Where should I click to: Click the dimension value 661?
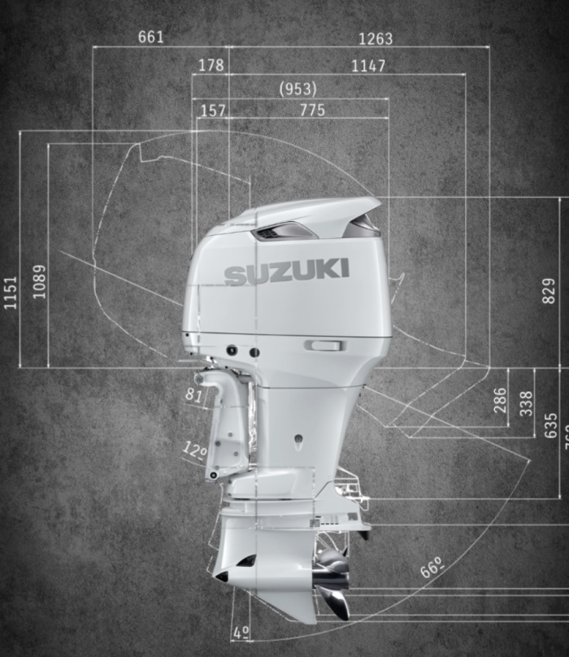point(151,37)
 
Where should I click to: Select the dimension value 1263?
point(375,38)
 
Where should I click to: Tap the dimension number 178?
point(211,66)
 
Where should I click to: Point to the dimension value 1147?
point(368,66)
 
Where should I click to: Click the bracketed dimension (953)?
point(298,89)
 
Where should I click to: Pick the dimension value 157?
point(212,110)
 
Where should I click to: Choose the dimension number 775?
point(312,110)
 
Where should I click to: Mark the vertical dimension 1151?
point(11,292)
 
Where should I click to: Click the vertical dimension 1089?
point(40,281)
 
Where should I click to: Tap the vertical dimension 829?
point(549,291)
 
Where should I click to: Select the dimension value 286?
point(500,400)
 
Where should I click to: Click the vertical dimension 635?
point(551,426)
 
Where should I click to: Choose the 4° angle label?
point(241,632)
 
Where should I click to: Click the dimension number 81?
point(194,395)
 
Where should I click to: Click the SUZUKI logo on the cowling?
point(287,272)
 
